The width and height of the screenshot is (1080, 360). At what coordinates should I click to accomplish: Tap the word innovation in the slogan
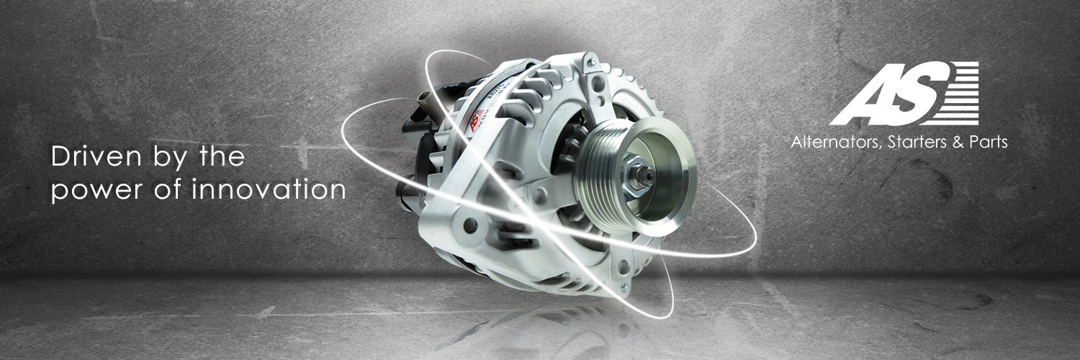[x=269, y=189]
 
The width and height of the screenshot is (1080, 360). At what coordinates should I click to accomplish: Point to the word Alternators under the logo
[x=837, y=142]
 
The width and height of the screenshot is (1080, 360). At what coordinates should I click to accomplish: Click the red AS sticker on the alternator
[x=475, y=120]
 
